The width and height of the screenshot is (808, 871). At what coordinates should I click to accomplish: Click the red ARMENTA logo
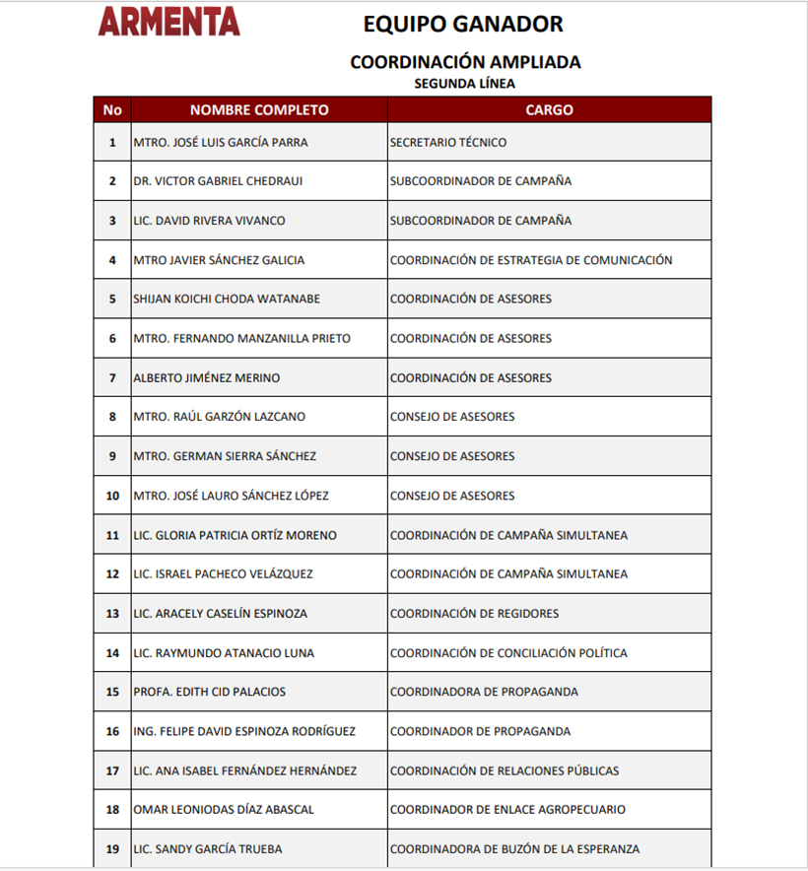tap(168, 21)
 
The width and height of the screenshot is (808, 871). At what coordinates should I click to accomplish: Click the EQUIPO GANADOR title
tap(463, 24)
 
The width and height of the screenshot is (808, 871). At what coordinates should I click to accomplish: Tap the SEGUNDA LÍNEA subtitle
tap(465, 84)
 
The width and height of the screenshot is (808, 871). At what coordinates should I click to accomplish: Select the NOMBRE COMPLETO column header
tap(259, 110)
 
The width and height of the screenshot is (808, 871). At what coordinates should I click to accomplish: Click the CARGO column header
tap(549, 110)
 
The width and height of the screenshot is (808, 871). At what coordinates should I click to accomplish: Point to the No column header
tap(112, 110)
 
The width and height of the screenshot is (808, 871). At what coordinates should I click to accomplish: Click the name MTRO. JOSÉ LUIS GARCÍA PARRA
tap(221, 143)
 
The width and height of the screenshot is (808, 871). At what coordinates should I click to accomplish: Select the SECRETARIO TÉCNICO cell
tap(448, 143)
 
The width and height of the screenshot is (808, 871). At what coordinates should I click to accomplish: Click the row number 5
tap(112, 300)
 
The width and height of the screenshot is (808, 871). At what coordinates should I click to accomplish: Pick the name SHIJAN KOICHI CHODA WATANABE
tap(227, 300)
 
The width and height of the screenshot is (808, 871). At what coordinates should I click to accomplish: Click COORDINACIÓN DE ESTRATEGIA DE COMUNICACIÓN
tap(531, 260)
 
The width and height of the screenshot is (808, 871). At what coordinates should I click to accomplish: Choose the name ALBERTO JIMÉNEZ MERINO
tap(207, 378)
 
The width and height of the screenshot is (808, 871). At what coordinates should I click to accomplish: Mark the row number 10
tap(112, 496)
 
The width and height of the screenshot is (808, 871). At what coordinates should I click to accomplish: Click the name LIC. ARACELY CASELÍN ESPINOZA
tap(221, 614)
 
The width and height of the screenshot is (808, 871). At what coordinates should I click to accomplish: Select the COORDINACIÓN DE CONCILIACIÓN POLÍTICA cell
tap(508, 653)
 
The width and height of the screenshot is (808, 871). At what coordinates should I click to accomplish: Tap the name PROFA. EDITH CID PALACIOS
tap(210, 692)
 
